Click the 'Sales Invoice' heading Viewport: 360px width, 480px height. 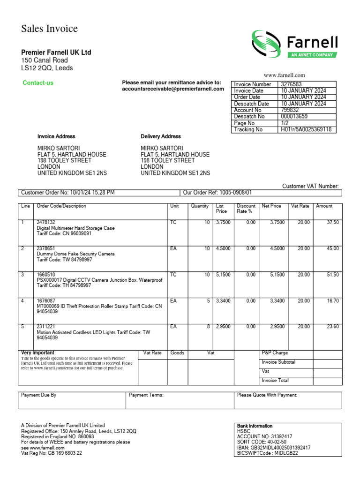point(49,29)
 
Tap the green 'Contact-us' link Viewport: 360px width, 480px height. point(38,83)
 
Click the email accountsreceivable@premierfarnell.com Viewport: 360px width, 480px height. point(173,89)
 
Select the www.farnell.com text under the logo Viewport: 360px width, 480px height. point(284,75)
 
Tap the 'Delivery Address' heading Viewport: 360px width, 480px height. point(161,136)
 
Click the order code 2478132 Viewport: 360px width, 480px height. point(46,222)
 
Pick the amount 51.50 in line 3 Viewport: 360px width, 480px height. point(332,275)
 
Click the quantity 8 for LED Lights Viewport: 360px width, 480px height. point(208,326)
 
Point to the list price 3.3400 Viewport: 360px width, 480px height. point(223,300)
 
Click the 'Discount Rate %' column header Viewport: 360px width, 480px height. point(246,209)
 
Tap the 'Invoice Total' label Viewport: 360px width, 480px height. point(275,381)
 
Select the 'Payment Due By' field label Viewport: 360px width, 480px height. point(39,395)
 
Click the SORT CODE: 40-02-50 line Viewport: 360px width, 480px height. point(262,442)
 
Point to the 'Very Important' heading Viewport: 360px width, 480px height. point(38,352)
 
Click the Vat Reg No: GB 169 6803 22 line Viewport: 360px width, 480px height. point(52,453)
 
